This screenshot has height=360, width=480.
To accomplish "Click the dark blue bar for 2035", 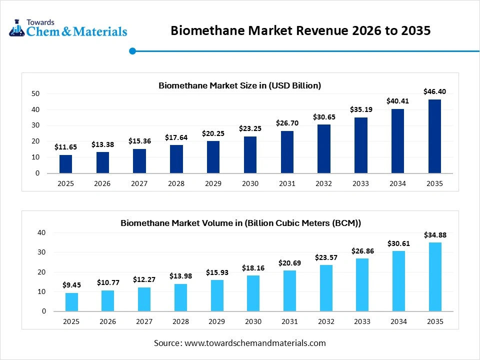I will (434, 136).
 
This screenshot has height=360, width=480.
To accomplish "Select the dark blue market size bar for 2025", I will (65, 164).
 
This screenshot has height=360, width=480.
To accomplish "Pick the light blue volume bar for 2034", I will (398, 281).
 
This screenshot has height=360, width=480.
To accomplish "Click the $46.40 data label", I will (434, 91).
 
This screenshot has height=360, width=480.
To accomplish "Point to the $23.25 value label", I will (250, 128).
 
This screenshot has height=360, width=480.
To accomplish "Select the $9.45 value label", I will (72, 285).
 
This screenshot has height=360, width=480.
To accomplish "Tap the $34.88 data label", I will (435, 234).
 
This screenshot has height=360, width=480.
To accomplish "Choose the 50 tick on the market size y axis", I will (35, 93).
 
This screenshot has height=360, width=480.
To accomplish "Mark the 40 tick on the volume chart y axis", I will (41, 233).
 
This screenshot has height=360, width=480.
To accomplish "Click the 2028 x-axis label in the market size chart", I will (176, 183).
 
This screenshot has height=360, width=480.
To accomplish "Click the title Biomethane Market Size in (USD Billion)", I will (239, 85).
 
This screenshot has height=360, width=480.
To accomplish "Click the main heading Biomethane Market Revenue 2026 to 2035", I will (300, 30).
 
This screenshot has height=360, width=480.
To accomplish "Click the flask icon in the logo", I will (17, 28).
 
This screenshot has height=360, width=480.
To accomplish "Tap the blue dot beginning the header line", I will (132, 51).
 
